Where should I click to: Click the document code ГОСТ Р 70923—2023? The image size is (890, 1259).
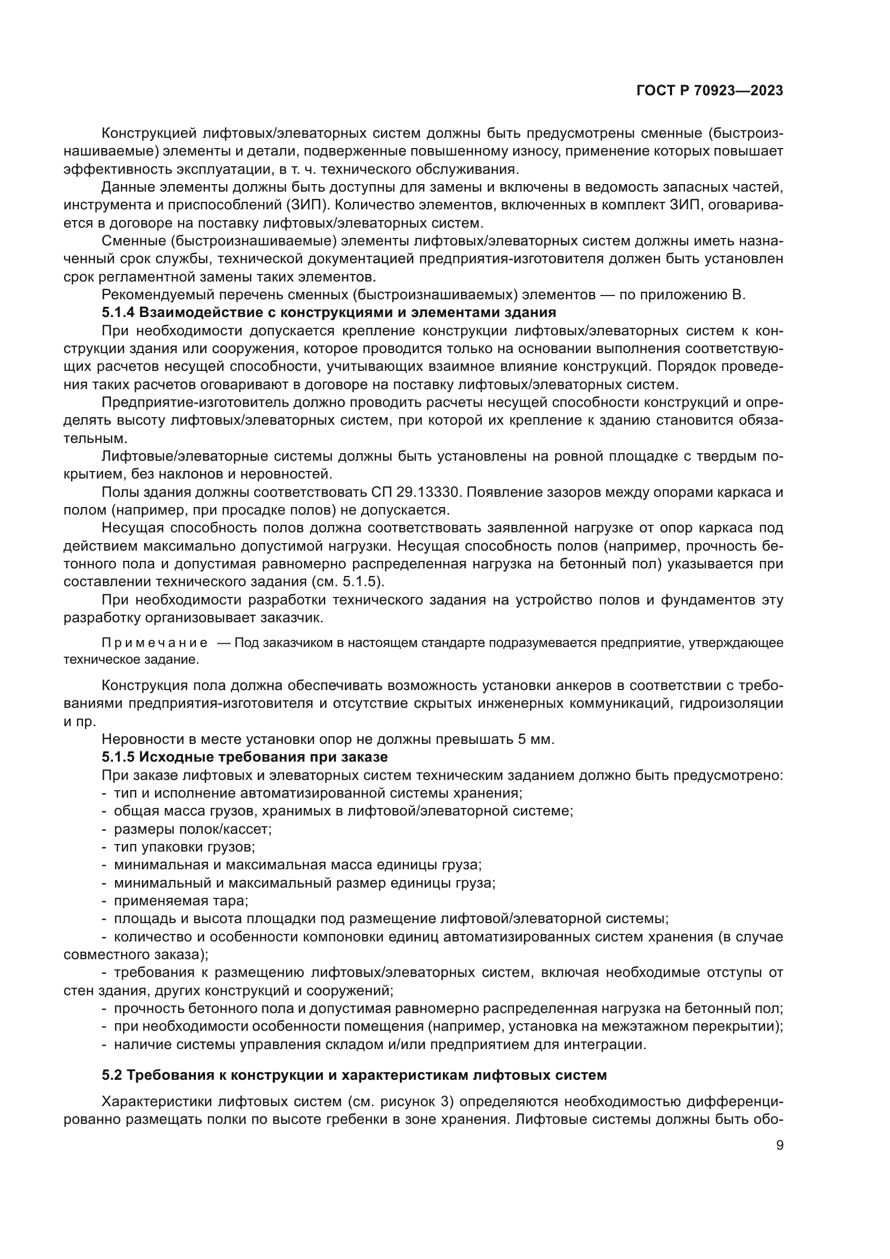click(x=710, y=91)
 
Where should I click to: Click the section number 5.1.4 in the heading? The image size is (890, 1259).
click(x=118, y=313)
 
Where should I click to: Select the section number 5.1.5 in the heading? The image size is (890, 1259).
click(x=118, y=757)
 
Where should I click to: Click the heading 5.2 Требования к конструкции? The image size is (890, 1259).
click(x=354, y=1075)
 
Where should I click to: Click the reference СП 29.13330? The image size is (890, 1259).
click(x=417, y=492)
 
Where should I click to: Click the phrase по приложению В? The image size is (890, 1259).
click(x=683, y=295)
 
